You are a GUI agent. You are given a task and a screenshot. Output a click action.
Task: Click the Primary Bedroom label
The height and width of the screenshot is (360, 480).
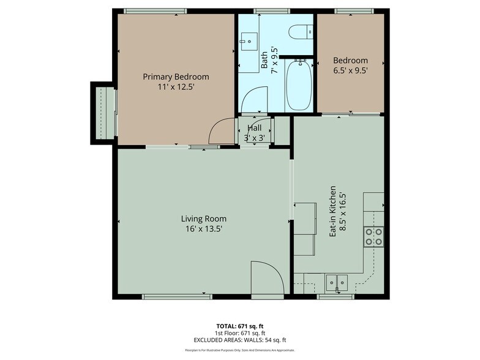tap(176, 77)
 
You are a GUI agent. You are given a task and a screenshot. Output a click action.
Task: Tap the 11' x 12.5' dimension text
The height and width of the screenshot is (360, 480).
tap(176, 88)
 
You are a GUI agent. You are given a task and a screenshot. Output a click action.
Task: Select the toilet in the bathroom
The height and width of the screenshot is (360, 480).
tap(301, 32)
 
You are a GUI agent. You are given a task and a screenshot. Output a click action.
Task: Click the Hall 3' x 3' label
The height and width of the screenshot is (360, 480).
tap(255, 133)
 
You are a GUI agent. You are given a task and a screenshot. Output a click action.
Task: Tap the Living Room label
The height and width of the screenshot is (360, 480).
tap(203, 219)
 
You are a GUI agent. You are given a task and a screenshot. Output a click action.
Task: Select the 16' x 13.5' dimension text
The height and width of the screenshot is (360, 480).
tap(203, 229)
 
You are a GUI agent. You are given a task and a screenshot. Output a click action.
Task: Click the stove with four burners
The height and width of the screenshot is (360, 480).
tap(373, 236)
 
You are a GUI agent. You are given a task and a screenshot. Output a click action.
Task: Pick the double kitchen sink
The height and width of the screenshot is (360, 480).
tap(336, 282)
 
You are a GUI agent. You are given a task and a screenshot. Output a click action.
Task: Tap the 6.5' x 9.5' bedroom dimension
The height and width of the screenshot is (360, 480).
tap(350, 70)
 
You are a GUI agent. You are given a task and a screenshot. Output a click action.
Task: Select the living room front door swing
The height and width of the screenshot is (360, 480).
tap(267, 279)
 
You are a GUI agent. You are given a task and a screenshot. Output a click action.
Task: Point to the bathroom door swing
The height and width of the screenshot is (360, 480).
tap(254, 100)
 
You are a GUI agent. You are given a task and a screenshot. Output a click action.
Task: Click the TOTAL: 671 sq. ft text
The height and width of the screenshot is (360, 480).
tap(239, 326)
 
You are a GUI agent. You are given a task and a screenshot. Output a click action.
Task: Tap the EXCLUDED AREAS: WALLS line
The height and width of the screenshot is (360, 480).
tap(239, 340)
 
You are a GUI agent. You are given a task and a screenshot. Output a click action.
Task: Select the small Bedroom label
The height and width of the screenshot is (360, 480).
tap(350, 60)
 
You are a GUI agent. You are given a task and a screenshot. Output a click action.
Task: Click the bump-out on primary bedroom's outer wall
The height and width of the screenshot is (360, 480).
tap(103, 113)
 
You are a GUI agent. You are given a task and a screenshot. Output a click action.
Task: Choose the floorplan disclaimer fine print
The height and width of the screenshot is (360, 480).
tap(239, 350)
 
